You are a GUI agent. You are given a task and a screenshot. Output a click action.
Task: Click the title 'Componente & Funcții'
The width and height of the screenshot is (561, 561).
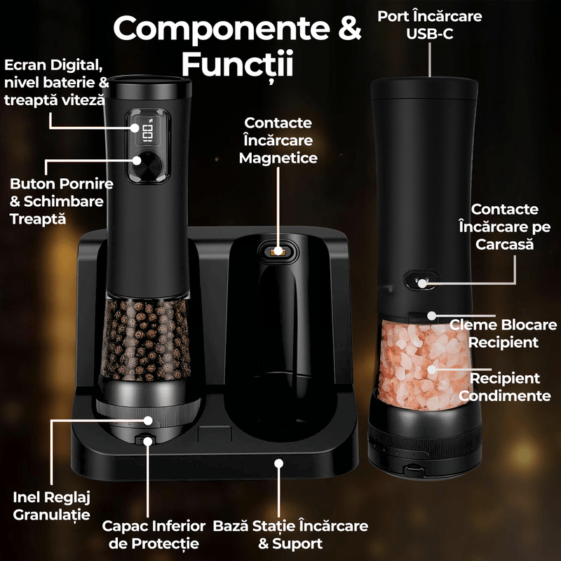click(x=237, y=46)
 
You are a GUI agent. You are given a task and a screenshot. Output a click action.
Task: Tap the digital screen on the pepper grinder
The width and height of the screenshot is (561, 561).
click(x=147, y=129)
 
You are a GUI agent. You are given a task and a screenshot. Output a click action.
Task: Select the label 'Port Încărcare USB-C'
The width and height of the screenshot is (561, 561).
click(x=430, y=25)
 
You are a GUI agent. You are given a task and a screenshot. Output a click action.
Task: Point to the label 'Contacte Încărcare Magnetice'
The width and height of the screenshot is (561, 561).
click(x=278, y=140)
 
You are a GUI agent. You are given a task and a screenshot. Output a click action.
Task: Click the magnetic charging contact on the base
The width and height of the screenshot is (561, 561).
click(x=278, y=252)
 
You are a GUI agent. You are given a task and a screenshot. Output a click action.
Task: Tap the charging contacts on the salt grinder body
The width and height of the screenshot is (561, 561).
click(x=421, y=279)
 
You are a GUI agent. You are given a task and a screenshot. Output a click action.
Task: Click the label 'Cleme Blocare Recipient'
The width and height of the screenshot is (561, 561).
click(x=503, y=333)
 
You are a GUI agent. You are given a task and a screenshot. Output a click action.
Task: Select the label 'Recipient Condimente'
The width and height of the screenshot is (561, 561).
click(x=504, y=387)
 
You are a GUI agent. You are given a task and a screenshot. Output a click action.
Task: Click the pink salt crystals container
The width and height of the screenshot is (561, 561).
click(x=425, y=364)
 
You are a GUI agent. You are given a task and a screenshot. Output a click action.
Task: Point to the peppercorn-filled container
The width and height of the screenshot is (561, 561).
click(x=145, y=340)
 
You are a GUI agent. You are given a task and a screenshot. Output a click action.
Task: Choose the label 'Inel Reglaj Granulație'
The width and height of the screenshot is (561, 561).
click(x=51, y=506)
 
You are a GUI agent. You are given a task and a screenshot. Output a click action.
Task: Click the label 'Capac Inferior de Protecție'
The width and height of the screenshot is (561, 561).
click(x=154, y=534)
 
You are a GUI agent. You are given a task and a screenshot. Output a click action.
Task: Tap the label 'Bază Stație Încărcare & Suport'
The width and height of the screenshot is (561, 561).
click(x=290, y=534)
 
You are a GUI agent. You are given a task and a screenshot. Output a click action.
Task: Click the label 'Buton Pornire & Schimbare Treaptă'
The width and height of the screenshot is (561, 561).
click(x=61, y=201)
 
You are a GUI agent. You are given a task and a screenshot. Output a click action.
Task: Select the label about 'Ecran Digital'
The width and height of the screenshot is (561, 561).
click(x=57, y=83)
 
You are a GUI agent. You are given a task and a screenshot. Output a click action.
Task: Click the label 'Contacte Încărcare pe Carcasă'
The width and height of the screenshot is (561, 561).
click(x=504, y=227)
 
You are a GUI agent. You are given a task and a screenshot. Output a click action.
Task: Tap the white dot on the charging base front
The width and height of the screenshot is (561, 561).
click(x=278, y=464)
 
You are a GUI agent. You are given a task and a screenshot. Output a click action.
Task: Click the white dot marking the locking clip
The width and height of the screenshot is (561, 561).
click(x=432, y=316)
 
